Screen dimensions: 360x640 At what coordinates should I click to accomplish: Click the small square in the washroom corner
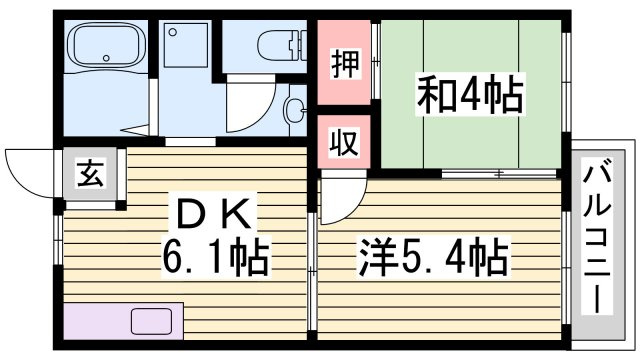tap(179, 36)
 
